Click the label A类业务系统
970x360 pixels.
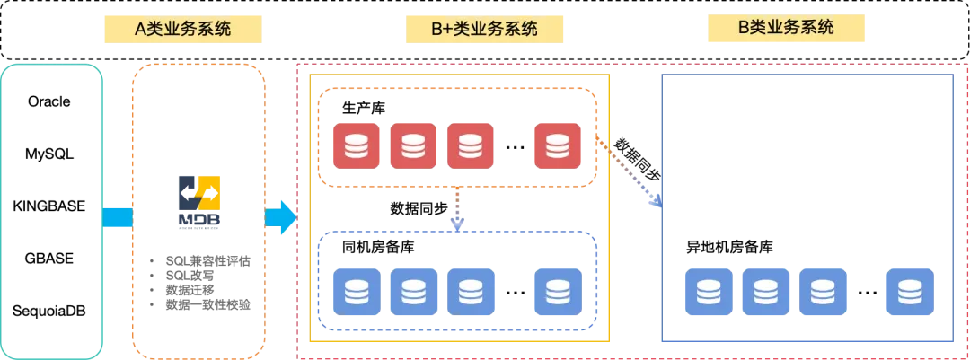tap(182, 29)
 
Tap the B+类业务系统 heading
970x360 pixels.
tap(484, 29)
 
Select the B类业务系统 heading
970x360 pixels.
tap(786, 28)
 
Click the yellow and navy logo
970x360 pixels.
tap(198, 200)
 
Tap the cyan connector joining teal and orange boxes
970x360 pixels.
tap(118, 218)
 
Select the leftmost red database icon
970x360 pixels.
tap(356, 145)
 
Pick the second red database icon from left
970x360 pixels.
tap(413, 145)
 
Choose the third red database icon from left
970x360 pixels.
tap(471, 145)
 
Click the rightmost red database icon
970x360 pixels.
tap(557, 145)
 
